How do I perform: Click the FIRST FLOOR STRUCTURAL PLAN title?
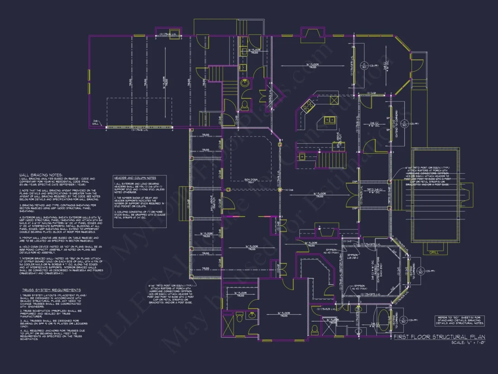point(439,337)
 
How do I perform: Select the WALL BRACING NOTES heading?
point(41,175)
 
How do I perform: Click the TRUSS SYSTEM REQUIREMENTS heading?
point(52,290)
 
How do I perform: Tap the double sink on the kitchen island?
point(330,120)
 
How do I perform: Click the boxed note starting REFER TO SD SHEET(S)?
point(460,320)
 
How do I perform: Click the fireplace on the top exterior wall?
point(311,35)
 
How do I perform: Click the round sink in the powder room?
point(245,83)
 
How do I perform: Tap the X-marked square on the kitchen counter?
point(302,156)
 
